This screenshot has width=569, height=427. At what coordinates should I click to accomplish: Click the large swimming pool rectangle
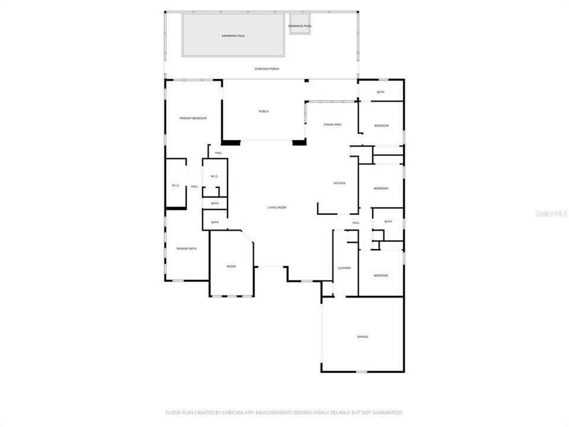point(233,36)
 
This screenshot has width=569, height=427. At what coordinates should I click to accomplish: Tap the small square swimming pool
point(299,26)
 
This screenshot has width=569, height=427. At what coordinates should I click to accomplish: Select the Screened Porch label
point(267,69)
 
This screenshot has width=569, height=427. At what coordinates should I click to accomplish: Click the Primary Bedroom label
point(193,119)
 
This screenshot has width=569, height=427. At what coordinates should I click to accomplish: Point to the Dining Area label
point(333,125)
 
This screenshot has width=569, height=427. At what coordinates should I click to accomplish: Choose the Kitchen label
point(340,183)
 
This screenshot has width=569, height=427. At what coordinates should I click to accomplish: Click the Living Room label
point(277,208)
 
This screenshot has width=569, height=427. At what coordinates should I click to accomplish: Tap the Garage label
point(363,337)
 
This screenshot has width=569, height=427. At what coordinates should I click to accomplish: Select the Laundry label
point(344,268)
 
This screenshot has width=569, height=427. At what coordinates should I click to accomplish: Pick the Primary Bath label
point(186,248)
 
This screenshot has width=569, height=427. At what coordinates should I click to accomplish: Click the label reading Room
point(231,266)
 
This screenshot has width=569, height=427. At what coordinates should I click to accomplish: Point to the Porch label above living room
point(264,111)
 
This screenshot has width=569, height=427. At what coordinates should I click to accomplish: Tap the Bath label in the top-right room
point(381,92)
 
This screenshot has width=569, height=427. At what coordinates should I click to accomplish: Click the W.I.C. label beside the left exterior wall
point(175,186)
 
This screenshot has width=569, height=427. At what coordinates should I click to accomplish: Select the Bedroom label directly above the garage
point(381,276)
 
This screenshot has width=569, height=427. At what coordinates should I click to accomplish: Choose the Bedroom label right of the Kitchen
point(381,189)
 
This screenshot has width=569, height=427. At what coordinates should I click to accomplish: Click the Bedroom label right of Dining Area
point(381,126)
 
